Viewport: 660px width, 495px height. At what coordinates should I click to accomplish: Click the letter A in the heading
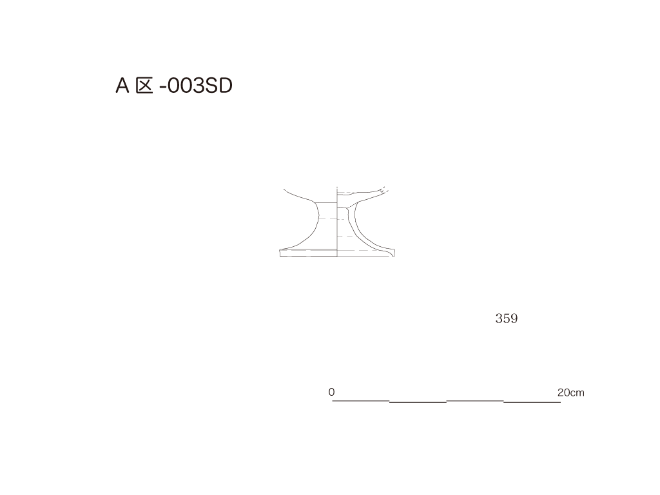pos(122,86)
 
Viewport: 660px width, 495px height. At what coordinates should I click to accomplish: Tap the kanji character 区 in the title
pos(144,86)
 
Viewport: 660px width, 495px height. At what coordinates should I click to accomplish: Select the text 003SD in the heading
pos(200,86)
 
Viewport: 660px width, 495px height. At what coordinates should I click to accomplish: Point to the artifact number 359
pos(507,318)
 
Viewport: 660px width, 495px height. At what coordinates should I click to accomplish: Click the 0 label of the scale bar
pos(332,392)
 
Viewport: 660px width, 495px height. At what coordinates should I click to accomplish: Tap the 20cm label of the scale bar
pos(571,393)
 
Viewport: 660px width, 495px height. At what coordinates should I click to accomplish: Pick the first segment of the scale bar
pos(361,401)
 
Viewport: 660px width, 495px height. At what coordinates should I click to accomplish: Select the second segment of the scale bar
pos(418,402)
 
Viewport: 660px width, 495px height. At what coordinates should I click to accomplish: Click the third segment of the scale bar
pos(475,401)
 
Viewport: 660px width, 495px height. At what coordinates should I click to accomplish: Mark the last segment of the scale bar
pos(532,402)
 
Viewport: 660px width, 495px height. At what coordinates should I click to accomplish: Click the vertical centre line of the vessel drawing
pos(337,222)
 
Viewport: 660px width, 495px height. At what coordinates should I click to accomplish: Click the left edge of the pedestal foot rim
pos(280,253)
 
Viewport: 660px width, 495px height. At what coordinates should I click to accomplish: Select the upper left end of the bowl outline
pos(284,190)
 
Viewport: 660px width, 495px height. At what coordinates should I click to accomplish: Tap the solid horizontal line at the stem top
pos(327,203)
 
